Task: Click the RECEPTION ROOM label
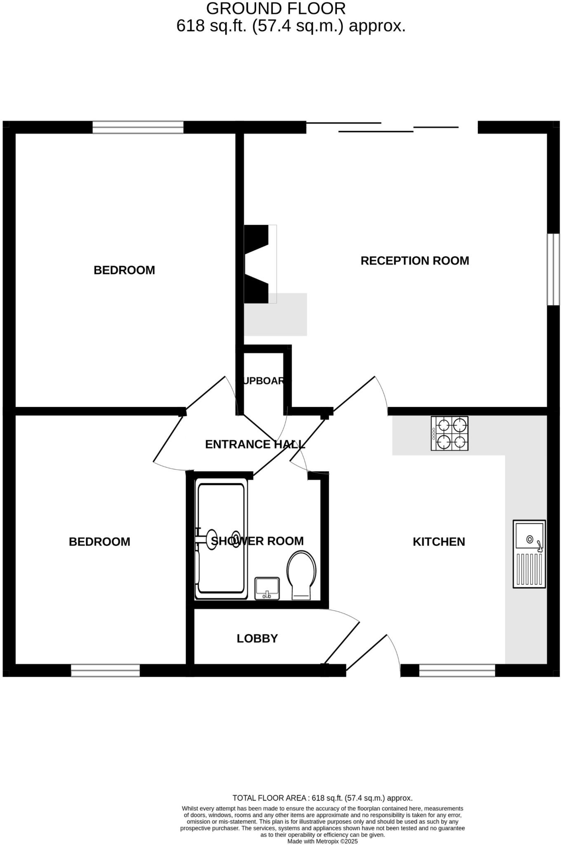414,261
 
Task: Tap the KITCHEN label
439,542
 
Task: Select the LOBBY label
257,638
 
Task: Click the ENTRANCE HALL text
255,444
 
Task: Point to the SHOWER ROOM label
257,541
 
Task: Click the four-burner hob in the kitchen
449,433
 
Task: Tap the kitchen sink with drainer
529,554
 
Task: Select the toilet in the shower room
301,574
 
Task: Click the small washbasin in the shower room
267,588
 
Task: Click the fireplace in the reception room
260,264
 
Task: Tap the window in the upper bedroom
138,127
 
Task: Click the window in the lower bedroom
105,670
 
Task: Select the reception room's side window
553,269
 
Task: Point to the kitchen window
457,670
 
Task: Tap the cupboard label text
264,381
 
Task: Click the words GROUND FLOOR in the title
275,9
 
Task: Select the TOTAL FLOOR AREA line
322,798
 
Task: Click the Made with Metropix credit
322,841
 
